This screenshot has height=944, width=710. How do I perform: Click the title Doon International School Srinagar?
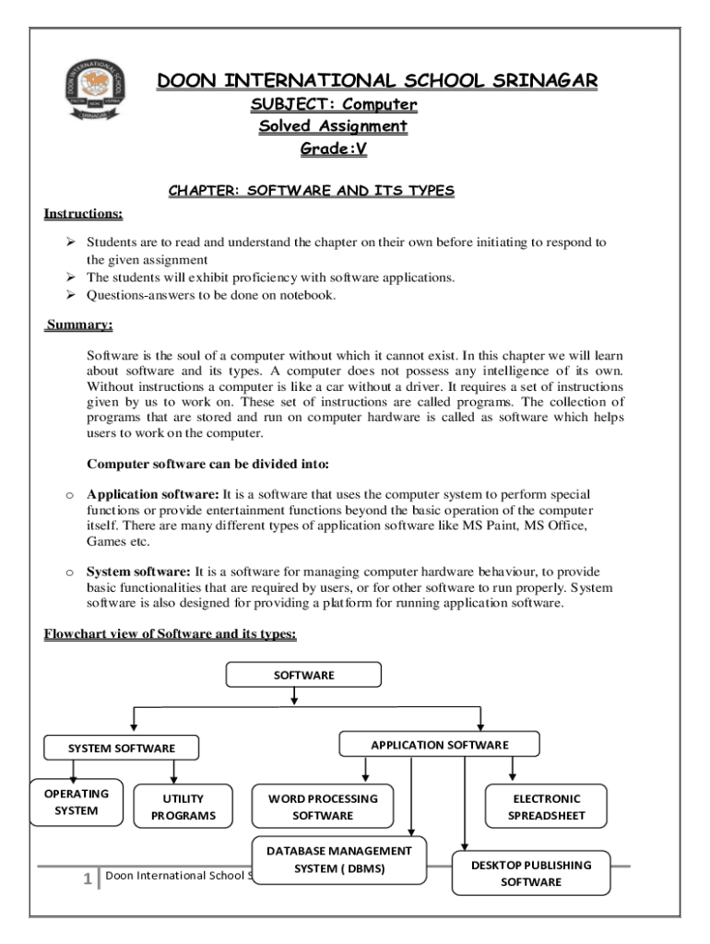pyautogui.click(x=377, y=81)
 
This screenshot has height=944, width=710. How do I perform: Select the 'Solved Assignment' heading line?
pyautogui.click(x=333, y=126)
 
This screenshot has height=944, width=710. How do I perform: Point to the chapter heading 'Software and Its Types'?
pyautogui.click(x=311, y=191)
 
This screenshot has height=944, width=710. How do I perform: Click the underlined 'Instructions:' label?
pyautogui.click(x=84, y=214)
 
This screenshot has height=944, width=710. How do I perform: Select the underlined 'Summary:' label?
pyautogui.click(x=80, y=325)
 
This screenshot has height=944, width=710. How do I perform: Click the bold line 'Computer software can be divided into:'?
pyautogui.click(x=207, y=464)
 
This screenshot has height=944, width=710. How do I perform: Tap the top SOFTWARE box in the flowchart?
pyautogui.click(x=303, y=675)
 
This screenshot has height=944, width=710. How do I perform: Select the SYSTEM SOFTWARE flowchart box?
pyautogui.click(x=121, y=749)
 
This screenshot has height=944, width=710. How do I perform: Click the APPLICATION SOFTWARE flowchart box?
pyautogui.click(x=439, y=744)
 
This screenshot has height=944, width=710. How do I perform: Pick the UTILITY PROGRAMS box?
pyautogui.click(x=183, y=807)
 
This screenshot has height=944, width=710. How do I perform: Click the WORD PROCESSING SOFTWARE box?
pyautogui.click(x=323, y=807)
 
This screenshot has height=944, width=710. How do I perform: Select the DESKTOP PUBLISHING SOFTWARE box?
pyautogui.click(x=530, y=873)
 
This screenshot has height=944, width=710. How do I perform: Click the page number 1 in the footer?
pyautogui.click(x=87, y=879)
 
